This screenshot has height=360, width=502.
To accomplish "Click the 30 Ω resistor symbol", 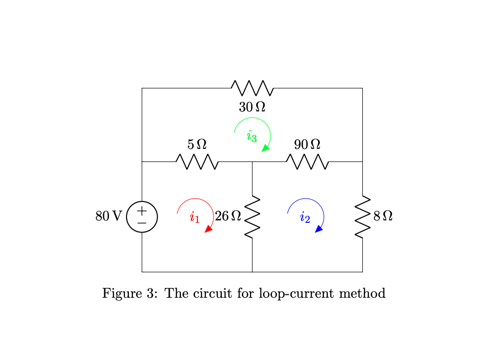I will coord(252,88).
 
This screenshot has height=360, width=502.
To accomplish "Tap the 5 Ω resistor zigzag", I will coord(197,162).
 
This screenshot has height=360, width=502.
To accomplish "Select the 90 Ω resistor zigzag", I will coord(307,162).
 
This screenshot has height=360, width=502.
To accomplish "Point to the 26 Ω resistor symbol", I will coord(252,217).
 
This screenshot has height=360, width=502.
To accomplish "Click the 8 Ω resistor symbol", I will coord(363,217).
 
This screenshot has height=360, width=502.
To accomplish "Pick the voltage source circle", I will coord(142,217).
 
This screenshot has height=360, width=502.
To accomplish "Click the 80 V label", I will coord(108,216).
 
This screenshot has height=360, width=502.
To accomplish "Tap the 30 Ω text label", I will coord(252,107).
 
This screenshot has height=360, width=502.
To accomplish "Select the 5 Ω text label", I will coord(197,144).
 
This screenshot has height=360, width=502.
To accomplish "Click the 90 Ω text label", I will coord(307,144).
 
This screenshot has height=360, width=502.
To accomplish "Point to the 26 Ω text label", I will coord(228,216).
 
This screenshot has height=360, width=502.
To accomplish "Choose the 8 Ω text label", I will coord(383,216).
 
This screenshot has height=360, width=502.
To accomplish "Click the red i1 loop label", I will coord(195,217).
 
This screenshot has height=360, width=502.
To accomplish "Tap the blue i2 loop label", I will coord(305,217).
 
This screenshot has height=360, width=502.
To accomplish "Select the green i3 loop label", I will coord(251,136).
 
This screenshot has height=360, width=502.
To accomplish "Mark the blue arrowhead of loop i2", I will coord(320,229).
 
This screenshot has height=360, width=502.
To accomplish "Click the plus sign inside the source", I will coord(142,211).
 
